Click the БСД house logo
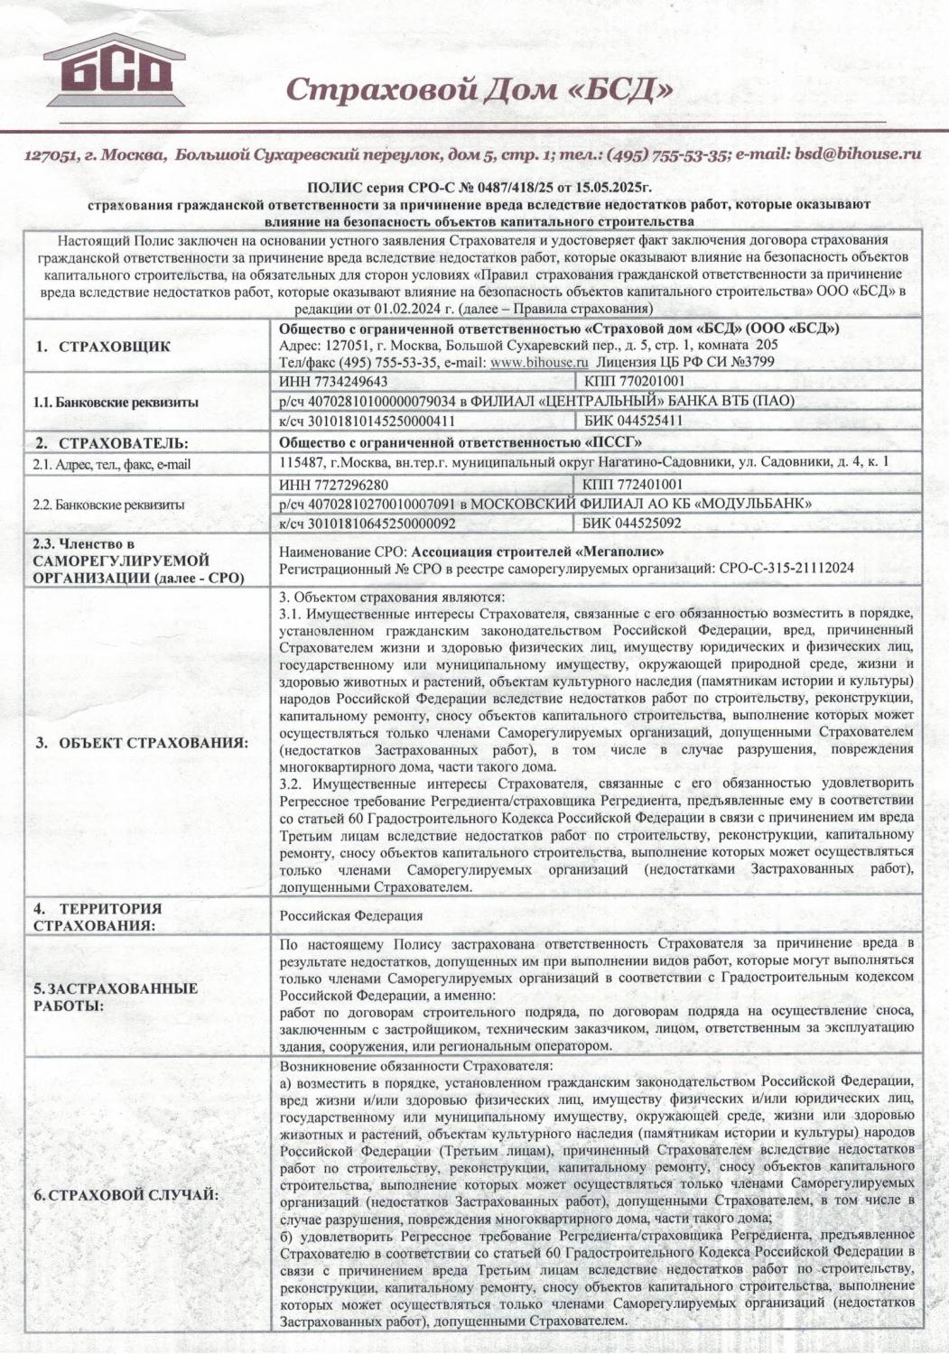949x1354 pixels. (115, 71)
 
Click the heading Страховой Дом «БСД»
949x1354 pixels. (479, 89)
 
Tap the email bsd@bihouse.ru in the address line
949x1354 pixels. (858, 153)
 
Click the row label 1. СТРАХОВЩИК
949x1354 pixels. (103, 347)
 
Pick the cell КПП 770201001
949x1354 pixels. (636, 382)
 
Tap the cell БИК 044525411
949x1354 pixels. (634, 421)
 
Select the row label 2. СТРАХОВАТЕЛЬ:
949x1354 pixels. (112, 443)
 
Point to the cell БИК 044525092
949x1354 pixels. (634, 523)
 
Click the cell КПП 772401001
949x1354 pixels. (636, 485)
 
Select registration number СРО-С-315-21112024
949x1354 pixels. (786, 568)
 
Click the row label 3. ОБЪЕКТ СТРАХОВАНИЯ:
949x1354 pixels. (142, 743)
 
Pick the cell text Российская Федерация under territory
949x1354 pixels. (351, 915)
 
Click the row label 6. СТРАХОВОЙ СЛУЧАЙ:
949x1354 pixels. (126, 1195)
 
